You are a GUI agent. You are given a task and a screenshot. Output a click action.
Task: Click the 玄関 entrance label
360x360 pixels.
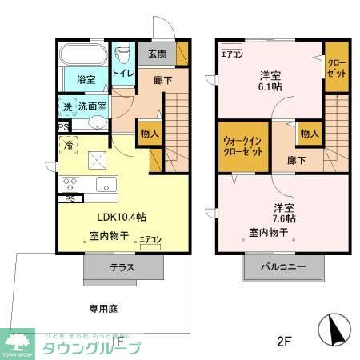point(157,54)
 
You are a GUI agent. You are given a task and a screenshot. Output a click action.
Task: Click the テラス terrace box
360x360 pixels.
point(122,267)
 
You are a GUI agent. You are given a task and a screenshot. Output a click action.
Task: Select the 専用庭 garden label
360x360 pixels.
point(104,308)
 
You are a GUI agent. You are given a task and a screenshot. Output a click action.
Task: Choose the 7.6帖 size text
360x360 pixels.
point(283,218)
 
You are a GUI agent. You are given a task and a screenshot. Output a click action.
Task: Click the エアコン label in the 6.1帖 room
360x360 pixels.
point(233,54)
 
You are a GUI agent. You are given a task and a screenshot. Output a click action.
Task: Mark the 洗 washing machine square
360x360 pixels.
point(68,106)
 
